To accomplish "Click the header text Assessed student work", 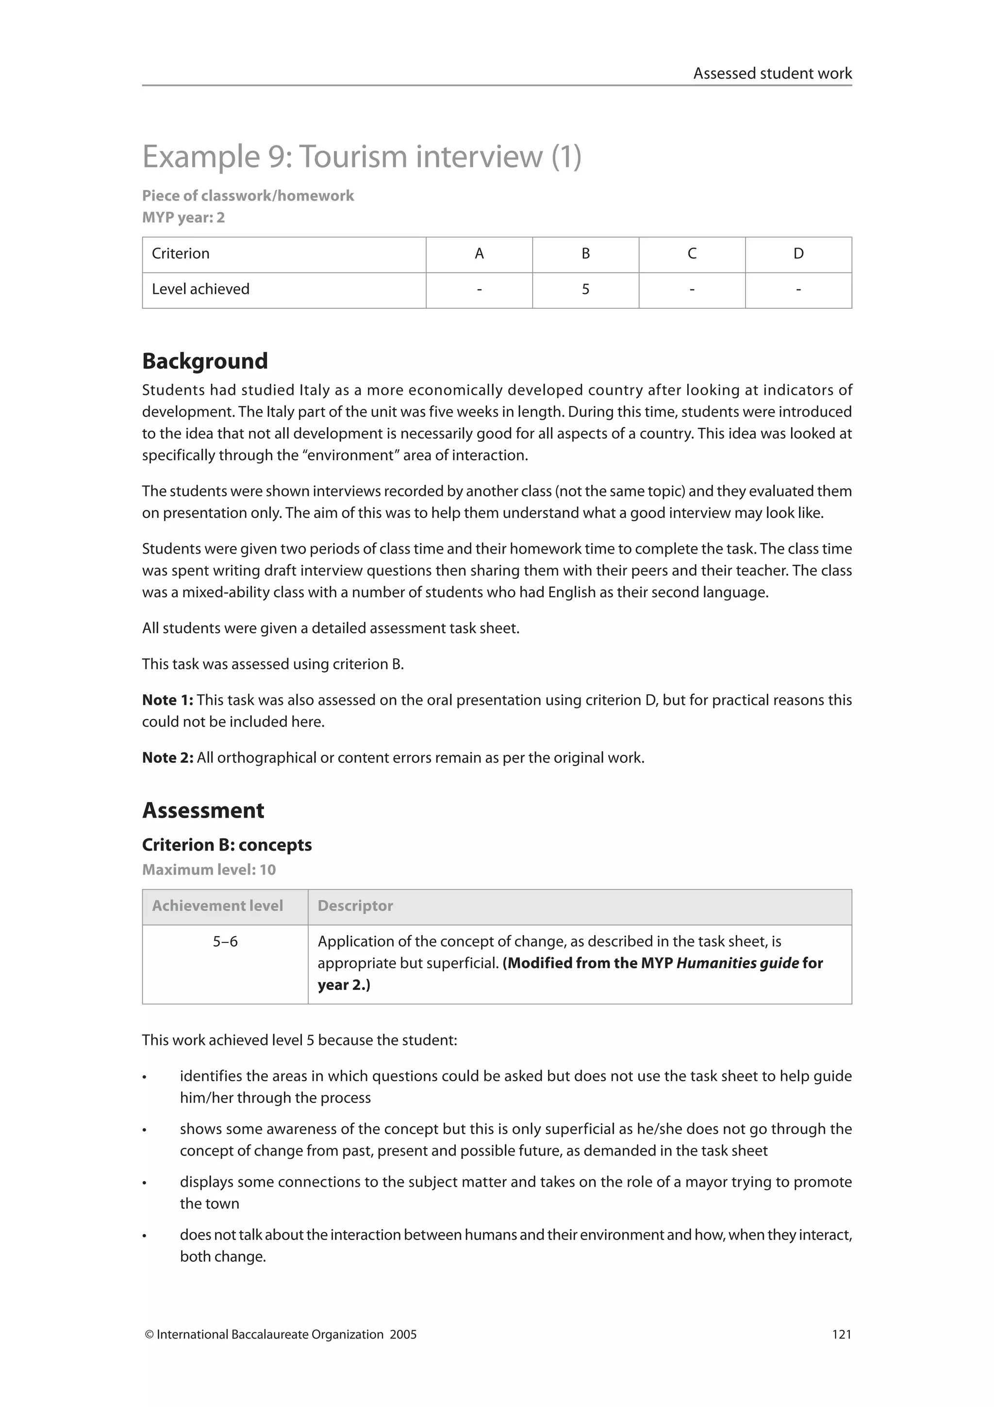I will [x=772, y=73].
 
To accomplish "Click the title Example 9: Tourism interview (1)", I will [x=361, y=156].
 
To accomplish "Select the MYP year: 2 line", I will [x=183, y=218].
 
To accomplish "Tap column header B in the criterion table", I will [x=585, y=254].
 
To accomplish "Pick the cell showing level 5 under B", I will [x=585, y=289].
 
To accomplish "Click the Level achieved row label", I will [x=200, y=289].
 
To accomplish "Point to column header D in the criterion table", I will [x=798, y=254].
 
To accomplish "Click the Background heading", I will [x=204, y=361].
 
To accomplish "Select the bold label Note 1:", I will [x=167, y=700].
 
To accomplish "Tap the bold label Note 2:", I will [x=167, y=757].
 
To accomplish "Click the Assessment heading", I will [x=203, y=810].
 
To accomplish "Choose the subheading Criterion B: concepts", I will [x=227, y=845].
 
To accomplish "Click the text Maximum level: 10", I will [x=209, y=870].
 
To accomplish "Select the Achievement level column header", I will [x=217, y=906].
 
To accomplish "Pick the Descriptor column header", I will [x=355, y=906].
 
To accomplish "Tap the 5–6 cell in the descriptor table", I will [x=225, y=941].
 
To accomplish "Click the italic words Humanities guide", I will [x=737, y=963].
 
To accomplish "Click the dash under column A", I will [x=479, y=289].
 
